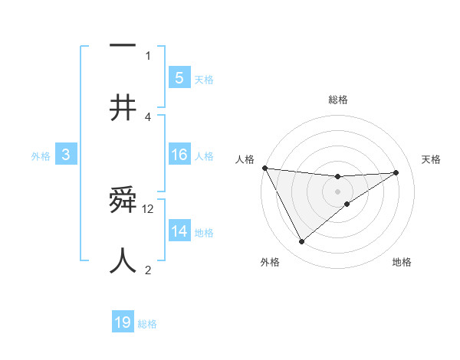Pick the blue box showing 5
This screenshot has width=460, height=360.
click(179, 77)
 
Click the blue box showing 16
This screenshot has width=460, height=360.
click(179, 155)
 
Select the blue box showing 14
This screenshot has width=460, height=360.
click(179, 231)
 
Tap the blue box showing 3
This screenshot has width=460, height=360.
click(66, 155)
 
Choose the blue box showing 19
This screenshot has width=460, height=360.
click(123, 322)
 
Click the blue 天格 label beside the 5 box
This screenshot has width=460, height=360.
click(203, 79)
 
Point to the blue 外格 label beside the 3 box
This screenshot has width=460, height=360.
click(41, 156)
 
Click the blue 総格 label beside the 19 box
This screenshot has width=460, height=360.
click(147, 324)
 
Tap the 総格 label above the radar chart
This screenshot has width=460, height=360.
click(337, 100)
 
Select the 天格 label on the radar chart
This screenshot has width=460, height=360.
click(431, 159)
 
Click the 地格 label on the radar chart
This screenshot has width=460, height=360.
click(402, 262)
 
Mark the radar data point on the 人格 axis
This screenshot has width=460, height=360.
click(264, 168)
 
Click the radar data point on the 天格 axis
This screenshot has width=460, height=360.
click(396, 172)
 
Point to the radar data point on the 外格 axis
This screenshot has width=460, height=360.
click(301, 242)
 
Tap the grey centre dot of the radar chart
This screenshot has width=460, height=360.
click(337, 191)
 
